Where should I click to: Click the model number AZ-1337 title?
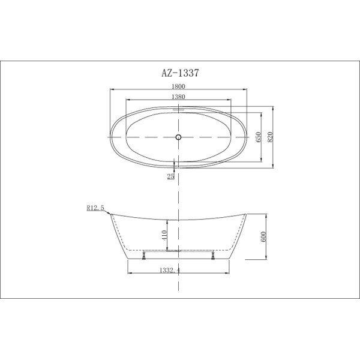[x=179, y=73]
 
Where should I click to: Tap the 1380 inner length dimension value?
[x=178, y=97]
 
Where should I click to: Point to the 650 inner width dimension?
[x=259, y=136]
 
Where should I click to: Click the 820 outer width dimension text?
[x=271, y=137]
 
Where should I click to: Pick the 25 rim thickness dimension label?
[x=171, y=176]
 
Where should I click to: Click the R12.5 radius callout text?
[x=95, y=208]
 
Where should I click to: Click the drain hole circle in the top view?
[x=178, y=138]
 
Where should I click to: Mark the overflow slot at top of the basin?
[x=178, y=110]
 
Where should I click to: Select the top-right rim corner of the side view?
[x=247, y=212]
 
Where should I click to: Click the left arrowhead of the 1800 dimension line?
[x=110, y=90]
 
